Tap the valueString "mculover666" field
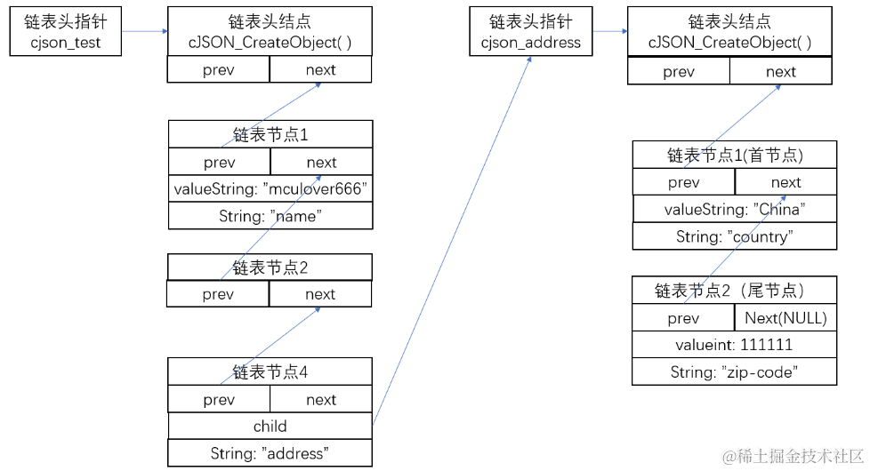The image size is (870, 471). (x=270, y=188)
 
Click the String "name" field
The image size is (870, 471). (x=270, y=216)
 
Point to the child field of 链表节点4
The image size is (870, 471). (x=270, y=427)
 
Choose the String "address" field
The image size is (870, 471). (x=270, y=453)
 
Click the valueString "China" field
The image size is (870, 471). (x=734, y=209)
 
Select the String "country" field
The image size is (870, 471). (x=734, y=236)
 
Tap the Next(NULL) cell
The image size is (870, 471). (x=785, y=318)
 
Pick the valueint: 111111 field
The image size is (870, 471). (x=734, y=345)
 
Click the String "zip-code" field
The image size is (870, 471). (x=734, y=372)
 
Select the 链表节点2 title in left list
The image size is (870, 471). (x=270, y=267)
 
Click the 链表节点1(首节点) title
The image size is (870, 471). (x=734, y=155)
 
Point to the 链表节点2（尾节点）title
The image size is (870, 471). (x=734, y=290)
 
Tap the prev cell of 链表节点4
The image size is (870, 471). (x=219, y=400)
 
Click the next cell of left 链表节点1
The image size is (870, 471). (x=321, y=162)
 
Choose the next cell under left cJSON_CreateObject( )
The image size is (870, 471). (x=320, y=70)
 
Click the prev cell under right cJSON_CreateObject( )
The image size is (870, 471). (x=678, y=72)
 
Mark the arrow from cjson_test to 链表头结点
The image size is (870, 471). (x=144, y=31)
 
